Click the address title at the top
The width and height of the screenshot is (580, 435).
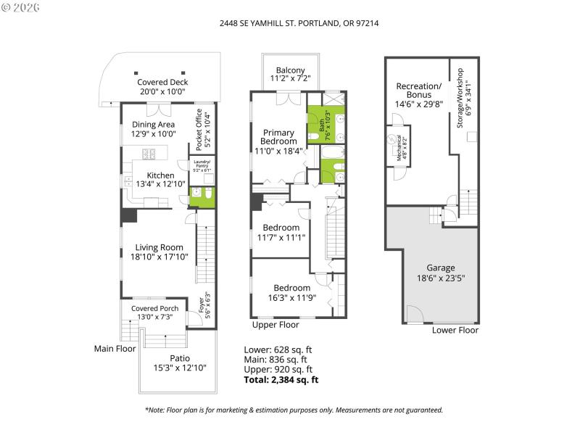299,23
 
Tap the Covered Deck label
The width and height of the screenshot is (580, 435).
162,83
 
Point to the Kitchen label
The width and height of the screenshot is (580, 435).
160,175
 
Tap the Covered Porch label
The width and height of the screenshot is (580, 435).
154,308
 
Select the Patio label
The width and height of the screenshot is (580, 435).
178,358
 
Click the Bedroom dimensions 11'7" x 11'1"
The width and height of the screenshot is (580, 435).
281,237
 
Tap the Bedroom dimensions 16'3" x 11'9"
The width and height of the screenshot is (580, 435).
286,297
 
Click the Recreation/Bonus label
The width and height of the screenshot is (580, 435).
418,91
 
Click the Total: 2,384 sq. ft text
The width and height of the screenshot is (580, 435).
281,379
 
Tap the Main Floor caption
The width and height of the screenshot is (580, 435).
115,349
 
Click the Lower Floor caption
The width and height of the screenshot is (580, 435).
455,330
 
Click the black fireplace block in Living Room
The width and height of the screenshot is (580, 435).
130,216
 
